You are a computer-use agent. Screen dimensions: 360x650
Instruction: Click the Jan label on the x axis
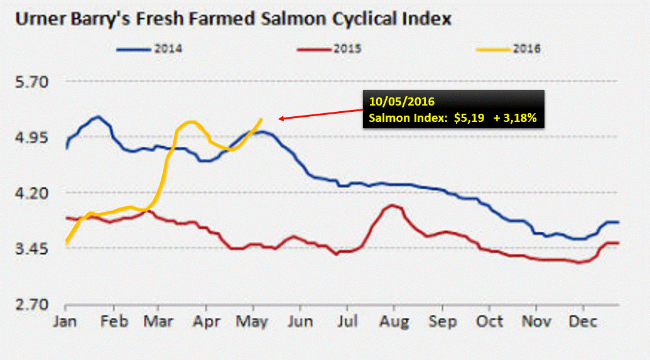[66, 321]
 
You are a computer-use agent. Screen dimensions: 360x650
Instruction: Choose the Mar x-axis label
[160, 321]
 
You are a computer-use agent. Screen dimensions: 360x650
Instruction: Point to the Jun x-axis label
[300, 321]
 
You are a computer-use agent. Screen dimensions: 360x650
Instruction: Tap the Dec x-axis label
[582, 321]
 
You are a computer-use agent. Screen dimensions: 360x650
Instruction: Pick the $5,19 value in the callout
[465, 117]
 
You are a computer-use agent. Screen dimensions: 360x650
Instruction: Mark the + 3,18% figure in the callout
[517, 117]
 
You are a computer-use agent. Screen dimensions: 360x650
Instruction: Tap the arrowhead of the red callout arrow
[280, 117]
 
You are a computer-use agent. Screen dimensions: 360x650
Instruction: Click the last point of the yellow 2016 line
[261, 118]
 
